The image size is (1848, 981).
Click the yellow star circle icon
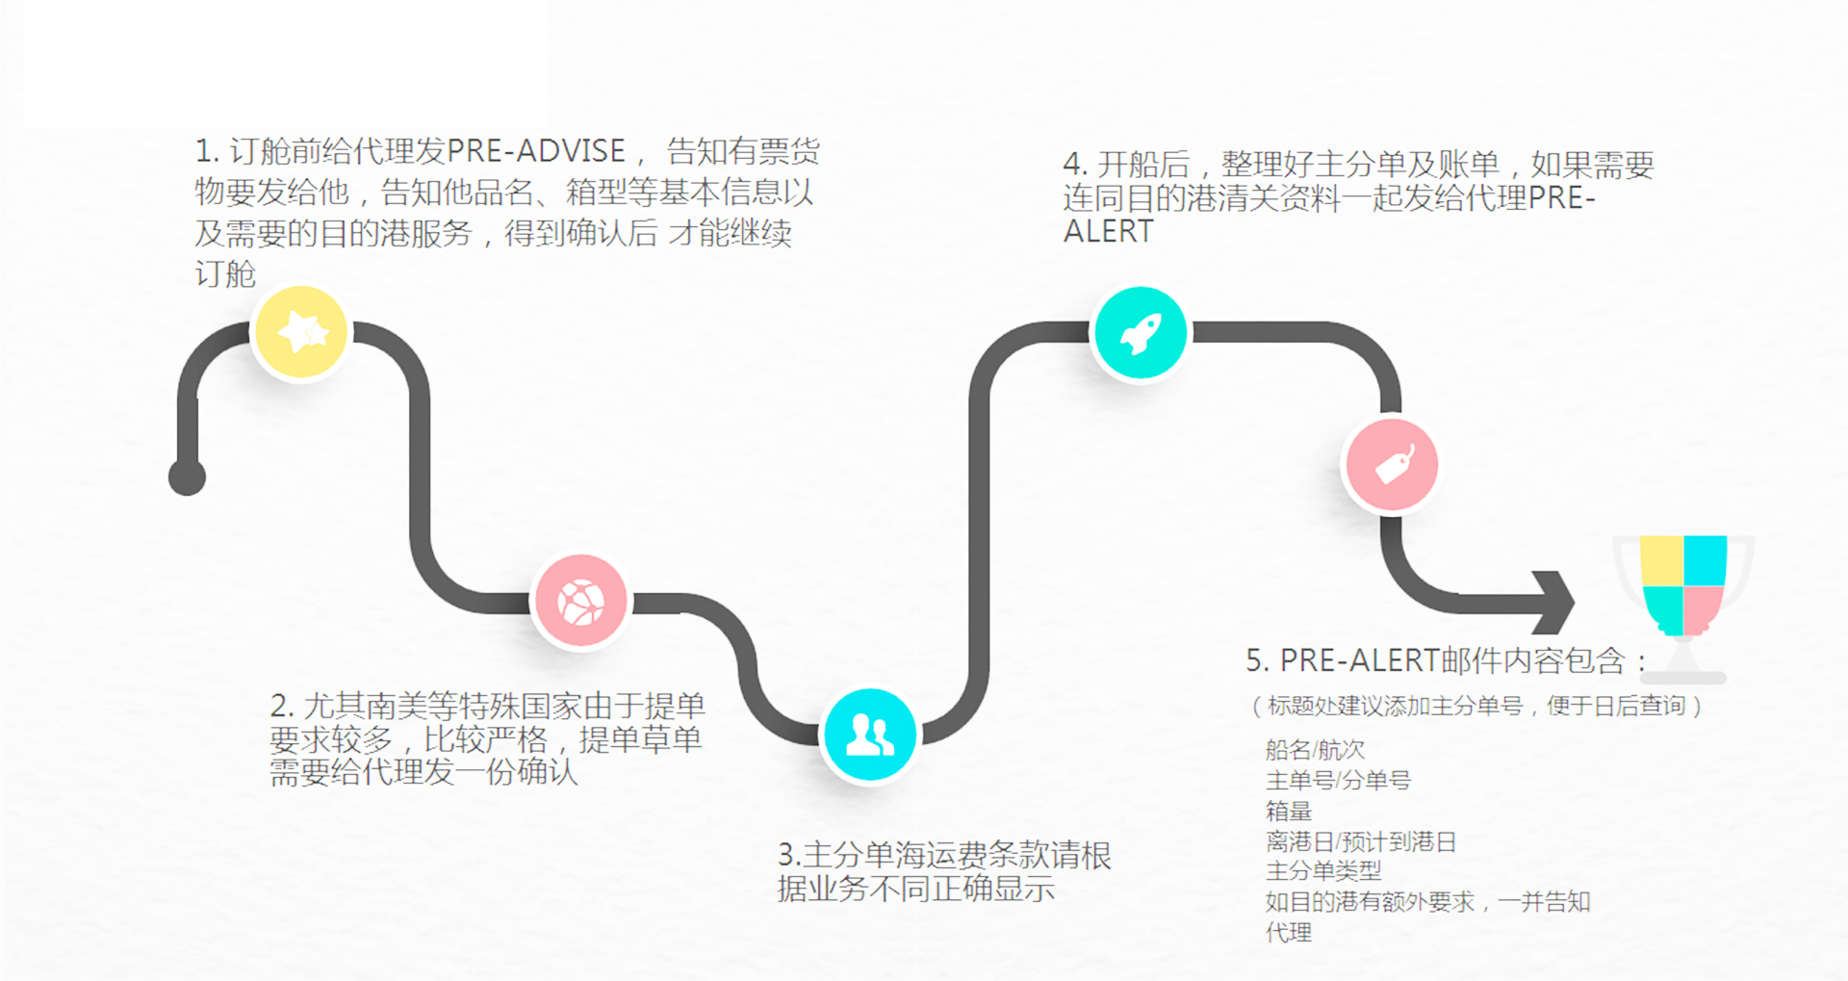pos(301,333)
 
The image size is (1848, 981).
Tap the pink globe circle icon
pos(581,603)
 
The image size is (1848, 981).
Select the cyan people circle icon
pos(870,736)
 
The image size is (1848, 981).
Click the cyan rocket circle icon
pos(1141,333)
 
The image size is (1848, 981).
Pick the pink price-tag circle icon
pos(1392,466)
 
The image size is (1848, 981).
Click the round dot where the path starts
pos(187,477)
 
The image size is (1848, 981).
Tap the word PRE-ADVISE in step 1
pos(536,151)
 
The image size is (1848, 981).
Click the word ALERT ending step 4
pos(1108,232)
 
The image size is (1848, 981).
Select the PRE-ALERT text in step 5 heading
pos(1359,660)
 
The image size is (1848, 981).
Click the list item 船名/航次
pos(1315,749)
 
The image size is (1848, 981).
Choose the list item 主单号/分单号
pos(1338,780)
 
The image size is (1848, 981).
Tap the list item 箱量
pos(1289,811)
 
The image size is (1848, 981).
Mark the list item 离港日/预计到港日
pos(1360,841)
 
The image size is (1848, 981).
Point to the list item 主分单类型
pos(1323,871)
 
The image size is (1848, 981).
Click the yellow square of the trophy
pos(1661,560)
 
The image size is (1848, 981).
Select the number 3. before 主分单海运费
pos(788,855)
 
